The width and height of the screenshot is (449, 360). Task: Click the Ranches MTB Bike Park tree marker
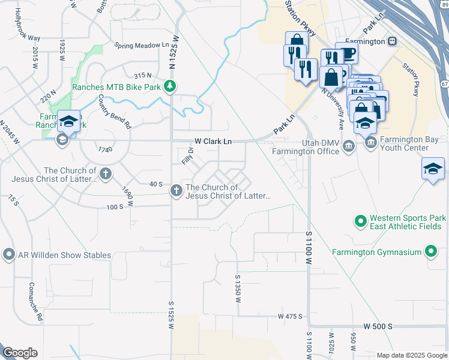[170, 86]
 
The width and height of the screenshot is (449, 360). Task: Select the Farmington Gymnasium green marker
[431, 252]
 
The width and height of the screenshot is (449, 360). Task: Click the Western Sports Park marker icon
[360, 222]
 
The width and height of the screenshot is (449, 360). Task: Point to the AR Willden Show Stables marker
[8, 255]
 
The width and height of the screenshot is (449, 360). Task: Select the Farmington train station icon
[393, 41]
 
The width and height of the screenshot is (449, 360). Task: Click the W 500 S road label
[378, 326]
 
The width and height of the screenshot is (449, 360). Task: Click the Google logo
[20, 353]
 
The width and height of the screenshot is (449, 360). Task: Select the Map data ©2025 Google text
[412, 355]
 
